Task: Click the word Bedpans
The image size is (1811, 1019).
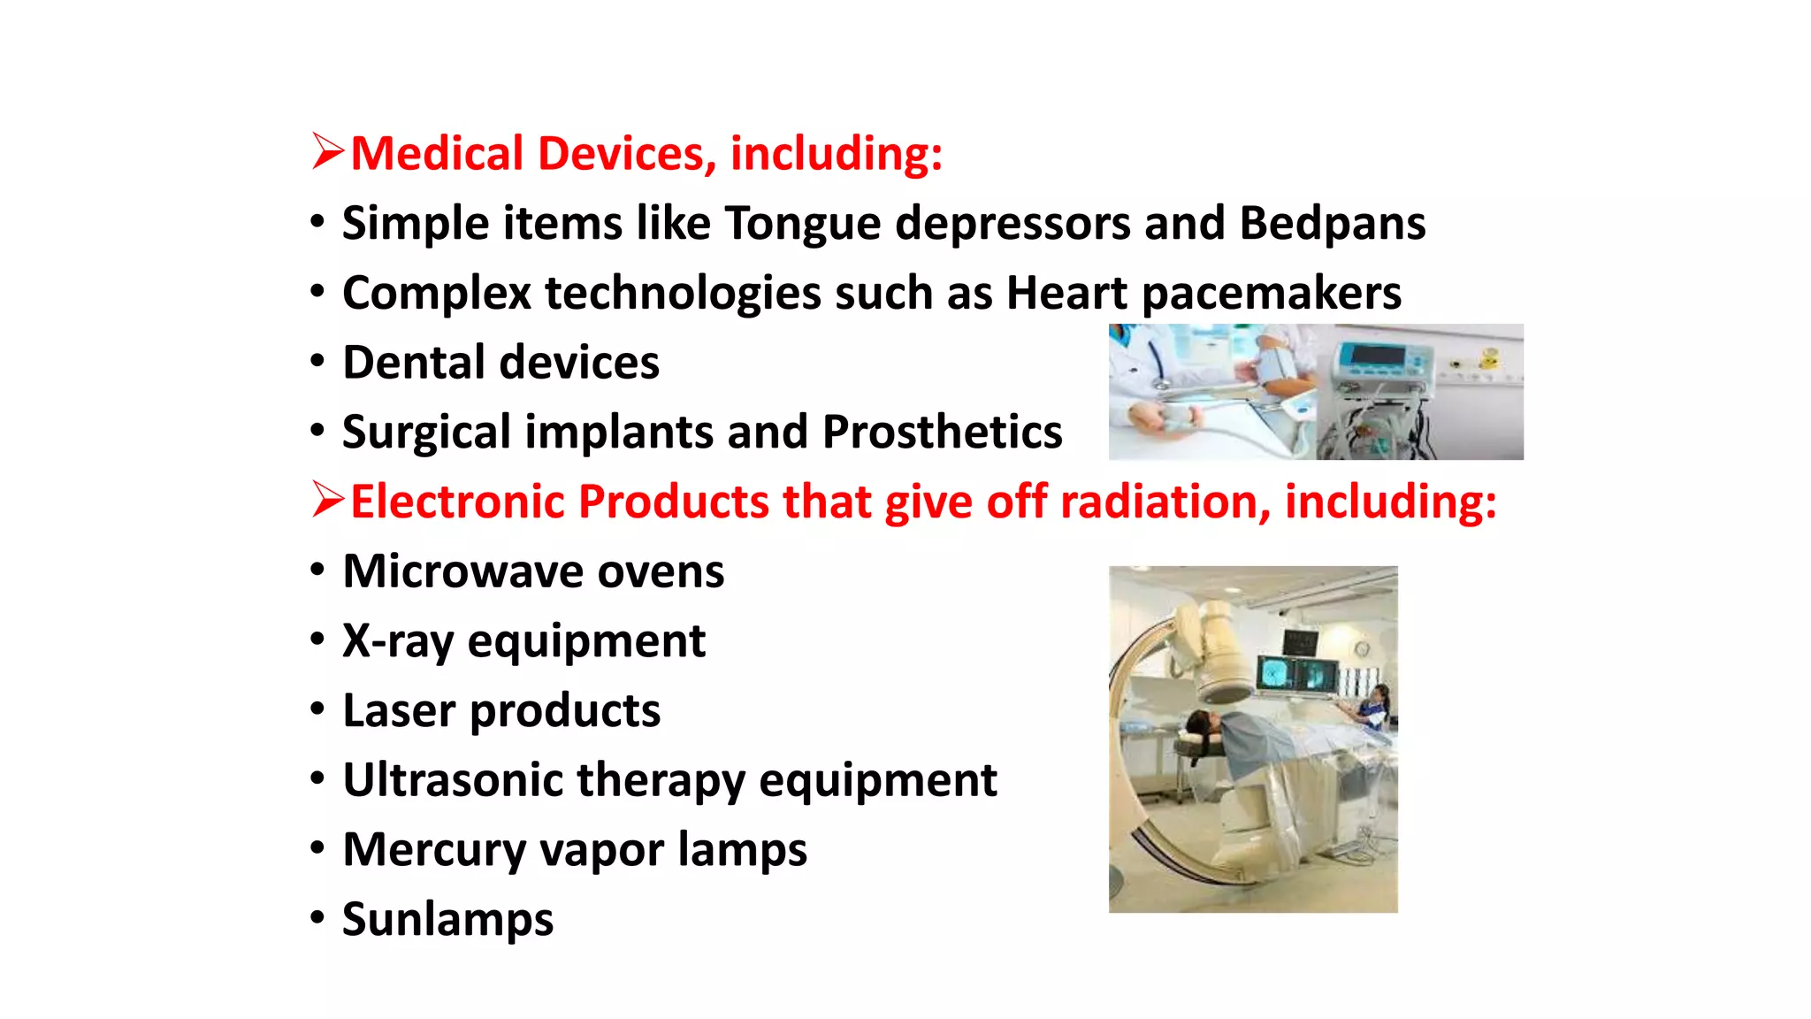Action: pos(1332,223)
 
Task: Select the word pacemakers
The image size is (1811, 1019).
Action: pos(1272,294)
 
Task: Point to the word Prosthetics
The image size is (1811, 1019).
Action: pos(942,433)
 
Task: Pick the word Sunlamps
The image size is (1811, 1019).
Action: pos(447,920)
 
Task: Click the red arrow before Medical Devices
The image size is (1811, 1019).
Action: pos(327,151)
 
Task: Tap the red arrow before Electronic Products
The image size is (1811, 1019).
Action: pos(327,500)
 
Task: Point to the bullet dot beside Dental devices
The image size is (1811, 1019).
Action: pos(317,360)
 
